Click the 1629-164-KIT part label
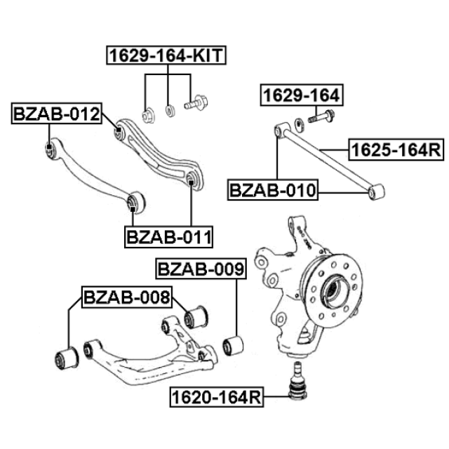pos(166,55)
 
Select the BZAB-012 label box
pos(56,114)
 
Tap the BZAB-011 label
pos(168,237)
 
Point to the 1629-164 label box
pos(302,95)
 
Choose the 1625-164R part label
pos(396,149)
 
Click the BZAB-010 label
pos(273,190)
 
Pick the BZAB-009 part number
pos(201,269)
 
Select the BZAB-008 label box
pos(127,297)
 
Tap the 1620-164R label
pos(217,397)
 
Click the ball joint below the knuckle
pos(297,380)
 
